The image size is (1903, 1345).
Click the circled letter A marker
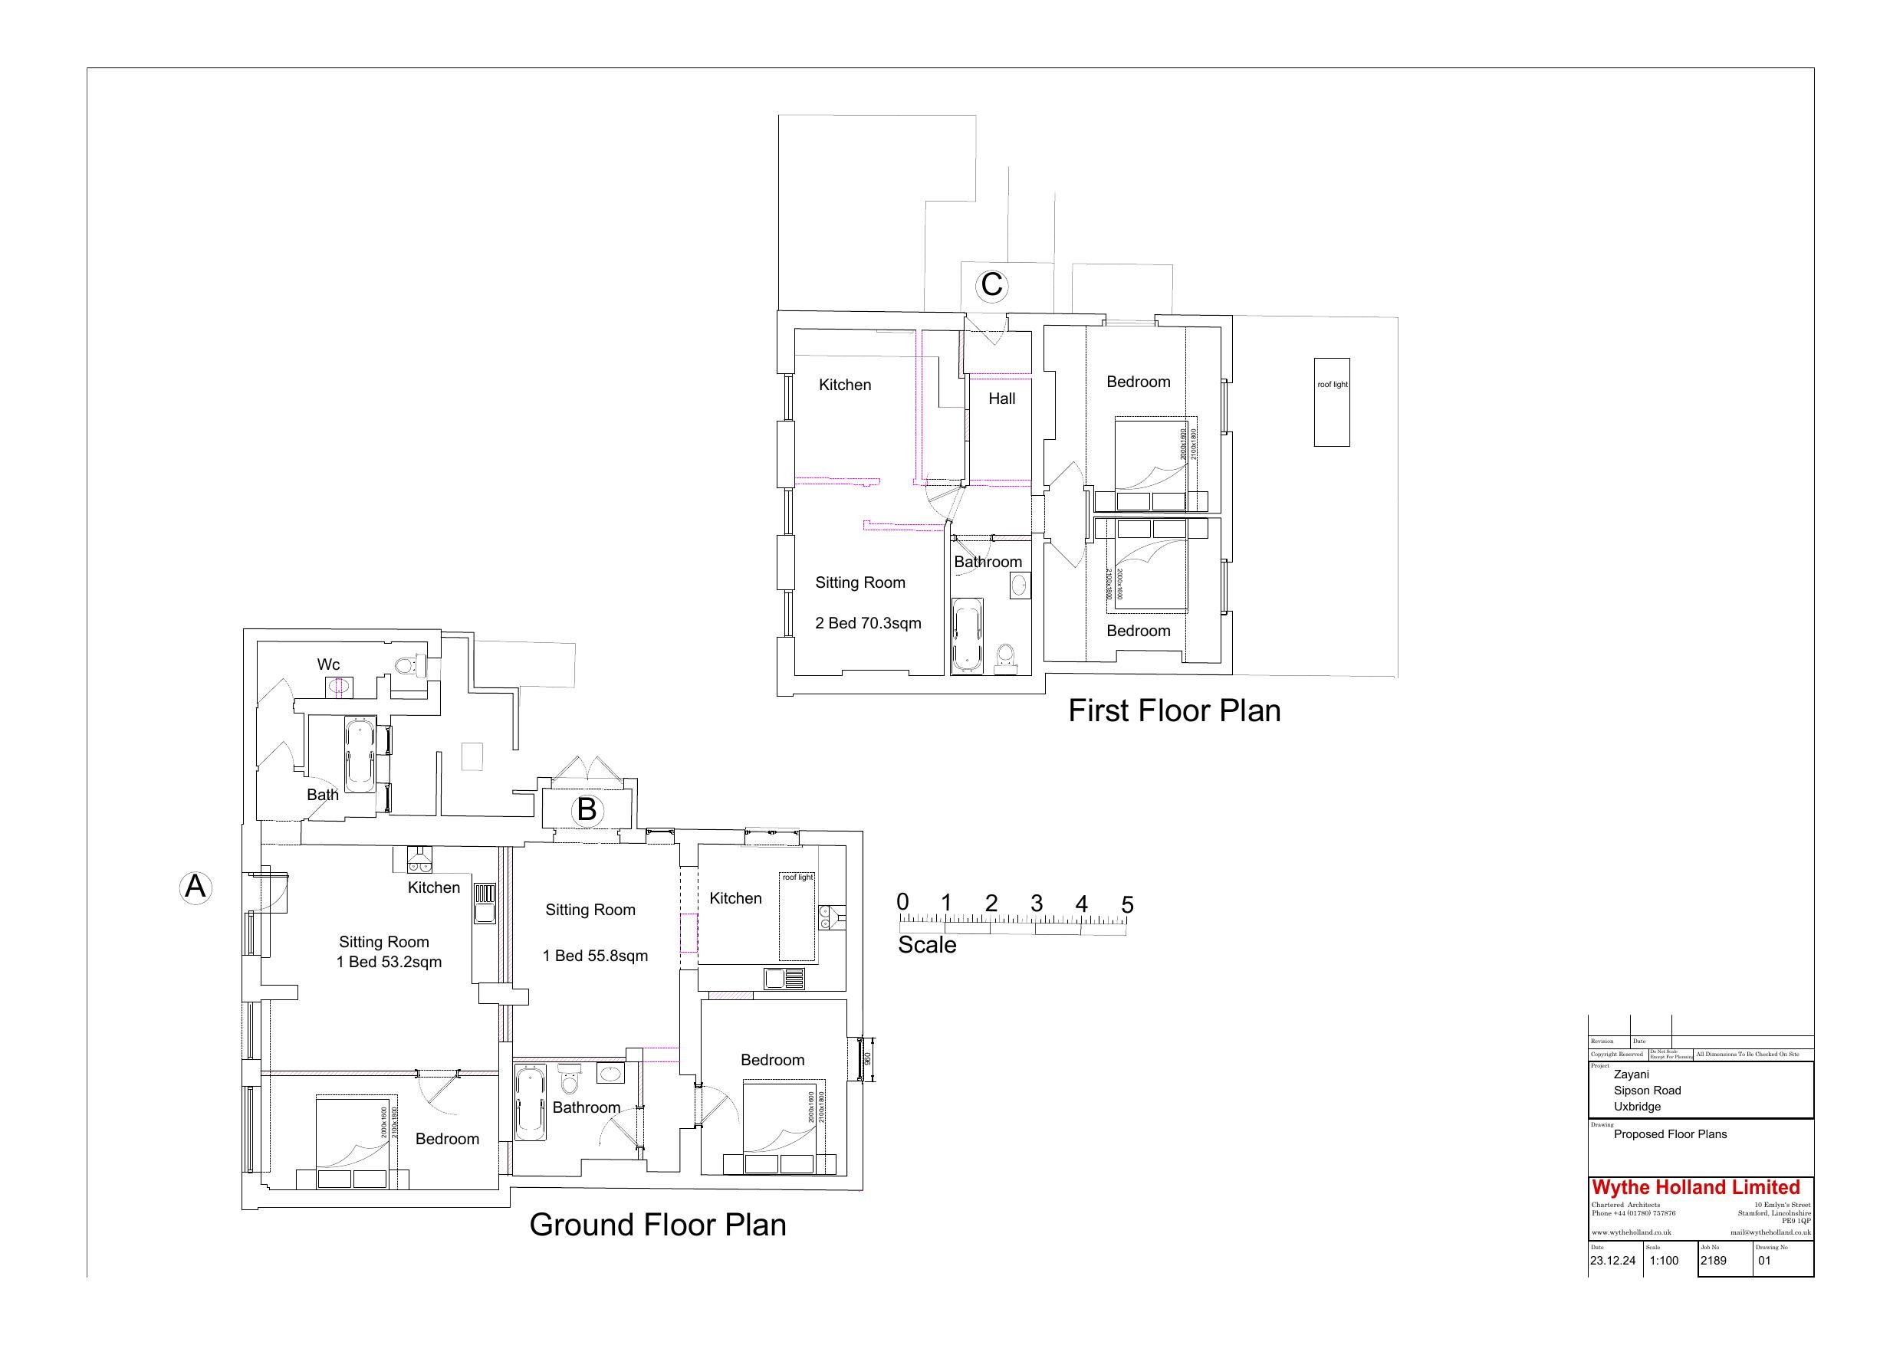pyautogui.click(x=196, y=887)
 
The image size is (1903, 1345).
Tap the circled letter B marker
pyautogui.click(x=587, y=809)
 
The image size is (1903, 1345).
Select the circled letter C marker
pyautogui.click(x=991, y=284)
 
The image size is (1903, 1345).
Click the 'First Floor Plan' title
pyautogui.click(x=1174, y=711)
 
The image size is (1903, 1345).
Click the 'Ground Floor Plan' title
pyautogui.click(x=657, y=1225)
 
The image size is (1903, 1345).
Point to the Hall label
pyautogui.click(x=1001, y=399)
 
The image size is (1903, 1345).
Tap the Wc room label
pyautogui.click(x=328, y=664)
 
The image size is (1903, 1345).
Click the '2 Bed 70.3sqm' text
pyautogui.click(x=868, y=623)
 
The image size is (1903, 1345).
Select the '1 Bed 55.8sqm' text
pyautogui.click(x=595, y=956)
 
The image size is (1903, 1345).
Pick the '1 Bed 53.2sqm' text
pyautogui.click(x=389, y=962)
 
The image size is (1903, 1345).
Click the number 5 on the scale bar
pyautogui.click(x=1126, y=905)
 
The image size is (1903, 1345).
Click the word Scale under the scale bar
pyautogui.click(x=927, y=945)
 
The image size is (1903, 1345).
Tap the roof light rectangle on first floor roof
pyautogui.click(x=1331, y=402)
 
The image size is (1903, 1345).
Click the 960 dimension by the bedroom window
pyautogui.click(x=867, y=1060)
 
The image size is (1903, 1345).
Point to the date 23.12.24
pyautogui.click(x=1612, y=1261)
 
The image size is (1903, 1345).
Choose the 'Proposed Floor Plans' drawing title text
pyautogui.click(x=1670, y=1133)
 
